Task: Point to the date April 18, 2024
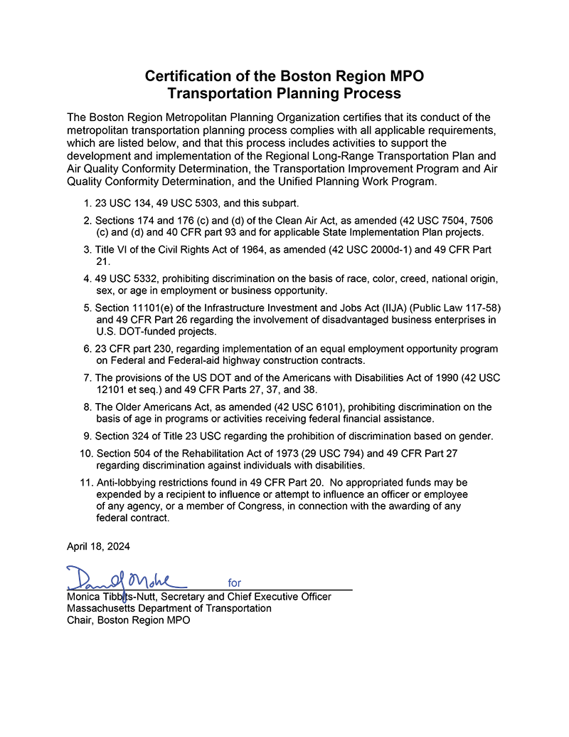(99, 546)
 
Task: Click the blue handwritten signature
(125, 577)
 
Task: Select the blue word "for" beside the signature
(235, 582)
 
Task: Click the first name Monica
(84, 597)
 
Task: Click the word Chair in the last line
(80, 620)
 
